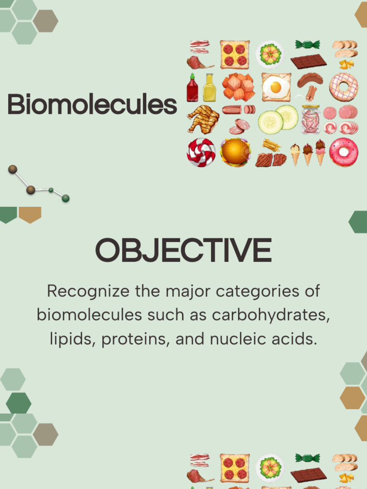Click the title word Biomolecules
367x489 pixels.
coord(92,104)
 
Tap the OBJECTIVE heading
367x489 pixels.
coord(183,250)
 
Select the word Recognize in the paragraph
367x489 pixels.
coord(88,292)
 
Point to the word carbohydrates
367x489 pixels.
coord(271,315)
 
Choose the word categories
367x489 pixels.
coord(258,292)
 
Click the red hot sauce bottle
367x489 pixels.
coord(192,88)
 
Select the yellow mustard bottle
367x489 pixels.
coord(209,88)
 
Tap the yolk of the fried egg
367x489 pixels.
coord(276,87)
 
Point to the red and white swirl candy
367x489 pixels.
coord(201,152)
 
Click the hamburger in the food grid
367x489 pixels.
coord(236,152)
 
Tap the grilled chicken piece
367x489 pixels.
coord(203,119)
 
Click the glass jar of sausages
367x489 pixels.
coord(311,119)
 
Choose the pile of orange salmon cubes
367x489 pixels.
coord(238,87)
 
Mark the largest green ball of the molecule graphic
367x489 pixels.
coord(65,198)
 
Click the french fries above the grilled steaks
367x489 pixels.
coord(271,145)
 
